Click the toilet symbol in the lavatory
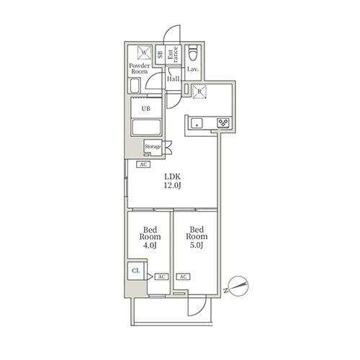(x=193, y=53)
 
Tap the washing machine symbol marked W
(x=144, y=53)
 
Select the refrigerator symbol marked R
(x=199, y=91)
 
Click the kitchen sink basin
(x=197, y=124)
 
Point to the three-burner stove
(x=223, y=123)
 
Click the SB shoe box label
(x=160, y=54)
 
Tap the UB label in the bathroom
(x=145, y=109)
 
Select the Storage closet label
(x=153, y=146)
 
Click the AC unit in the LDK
(x=143, y=164)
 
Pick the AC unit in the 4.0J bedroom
(x=162, y=276)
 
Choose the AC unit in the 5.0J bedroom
(x=183, y=276)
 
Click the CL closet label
(x=136, y=271)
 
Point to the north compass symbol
(x=238, y=286)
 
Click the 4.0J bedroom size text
(x=150, y=246)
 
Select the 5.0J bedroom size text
(x=197, y=246)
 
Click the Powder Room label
(x=140, y=68)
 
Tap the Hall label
(x=174, y=78)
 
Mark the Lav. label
(x=193, y=69)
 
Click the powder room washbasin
(x=134, y=86)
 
